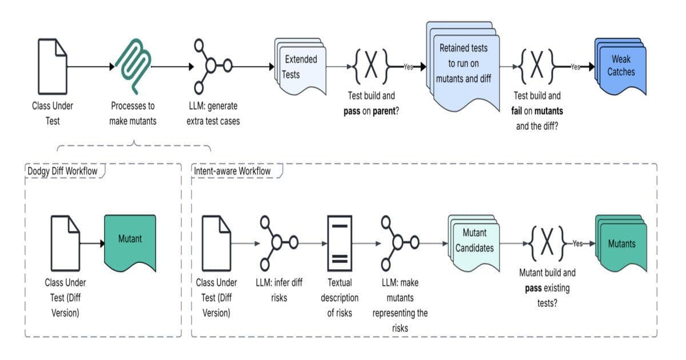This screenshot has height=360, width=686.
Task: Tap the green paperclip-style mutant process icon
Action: [133, 67]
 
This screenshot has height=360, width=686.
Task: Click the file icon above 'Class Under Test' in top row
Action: [53, 67]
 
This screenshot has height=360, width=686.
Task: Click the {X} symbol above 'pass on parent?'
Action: [371, 66]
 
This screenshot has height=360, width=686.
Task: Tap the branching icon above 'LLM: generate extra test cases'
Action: [212, 66]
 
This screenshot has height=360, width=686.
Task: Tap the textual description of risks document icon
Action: [340, 243]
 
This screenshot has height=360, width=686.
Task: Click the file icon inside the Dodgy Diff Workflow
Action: [65, 242]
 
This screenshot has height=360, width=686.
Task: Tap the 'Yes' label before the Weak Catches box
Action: [575, 67]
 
